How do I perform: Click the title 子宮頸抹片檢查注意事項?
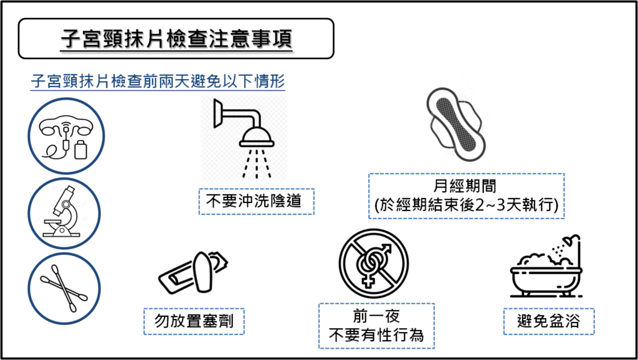[x=176, y=39]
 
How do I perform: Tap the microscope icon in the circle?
[x=64, y=213]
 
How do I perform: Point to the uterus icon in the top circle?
[x=66, y=135]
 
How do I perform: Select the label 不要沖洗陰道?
[x=256, y=201]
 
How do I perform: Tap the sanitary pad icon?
[x=455, y=123]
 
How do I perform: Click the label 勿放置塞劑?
[x=194, y=321]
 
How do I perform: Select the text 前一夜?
[x=376, y=317]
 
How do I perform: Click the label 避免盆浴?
[x=548, y=321]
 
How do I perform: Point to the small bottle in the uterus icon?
[x=81, y=149]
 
